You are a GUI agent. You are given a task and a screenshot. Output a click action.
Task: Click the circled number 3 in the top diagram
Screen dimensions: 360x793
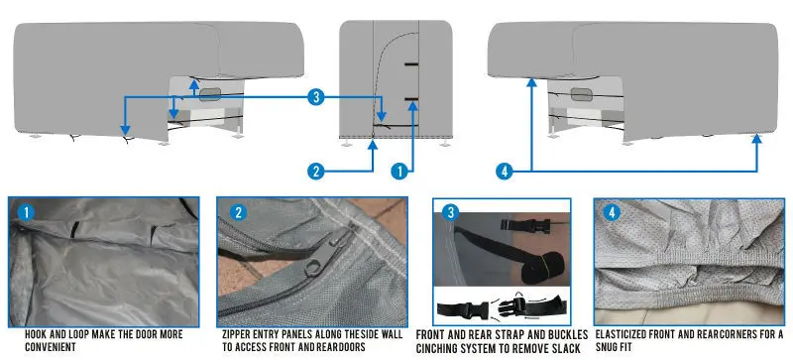314,97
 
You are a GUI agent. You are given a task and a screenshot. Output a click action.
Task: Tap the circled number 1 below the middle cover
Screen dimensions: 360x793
400,171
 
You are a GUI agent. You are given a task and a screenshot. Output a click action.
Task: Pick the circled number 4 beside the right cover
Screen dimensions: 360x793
505,171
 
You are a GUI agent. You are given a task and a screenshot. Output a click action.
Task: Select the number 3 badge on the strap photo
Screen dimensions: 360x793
452,212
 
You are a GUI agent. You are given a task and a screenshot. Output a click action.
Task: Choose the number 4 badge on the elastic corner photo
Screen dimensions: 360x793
612,212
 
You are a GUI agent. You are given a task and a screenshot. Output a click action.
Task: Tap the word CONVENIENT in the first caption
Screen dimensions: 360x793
41,348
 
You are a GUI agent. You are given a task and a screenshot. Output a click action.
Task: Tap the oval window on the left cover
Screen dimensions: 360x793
212,93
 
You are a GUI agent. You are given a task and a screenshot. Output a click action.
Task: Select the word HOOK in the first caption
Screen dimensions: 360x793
22,333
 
